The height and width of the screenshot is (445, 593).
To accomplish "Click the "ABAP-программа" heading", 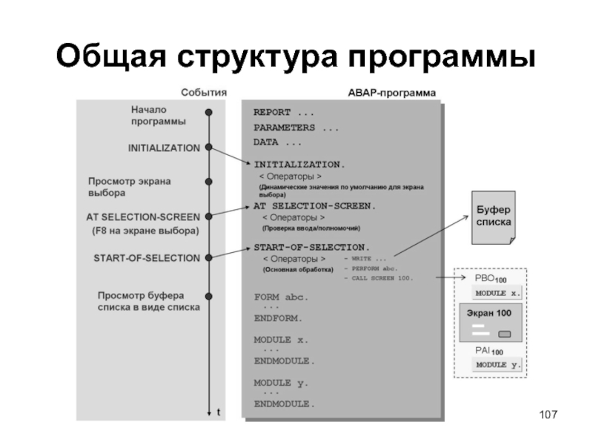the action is pyautogui.click(x=391, y=93).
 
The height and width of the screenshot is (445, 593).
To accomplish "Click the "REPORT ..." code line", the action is pyautogui.click(x=284, y=113).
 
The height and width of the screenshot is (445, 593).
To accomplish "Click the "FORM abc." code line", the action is pyautogui.click(x=280, y=297).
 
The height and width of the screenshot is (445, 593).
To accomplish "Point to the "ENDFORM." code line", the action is pyautogui.click(x=278, y=317).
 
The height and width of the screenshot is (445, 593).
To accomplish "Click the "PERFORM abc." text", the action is pyautogui.click(x=374, y=268).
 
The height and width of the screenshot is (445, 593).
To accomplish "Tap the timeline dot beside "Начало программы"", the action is pyautogui.click(x=210, y=113).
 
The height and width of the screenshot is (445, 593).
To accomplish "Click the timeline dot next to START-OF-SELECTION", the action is pyautogui.click(x=210, y=258).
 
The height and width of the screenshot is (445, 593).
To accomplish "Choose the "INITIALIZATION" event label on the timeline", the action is pyautogui.click(x=164, y=148).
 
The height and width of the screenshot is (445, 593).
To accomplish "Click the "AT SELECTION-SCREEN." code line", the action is pyautogui.click(x=315, y=205).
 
